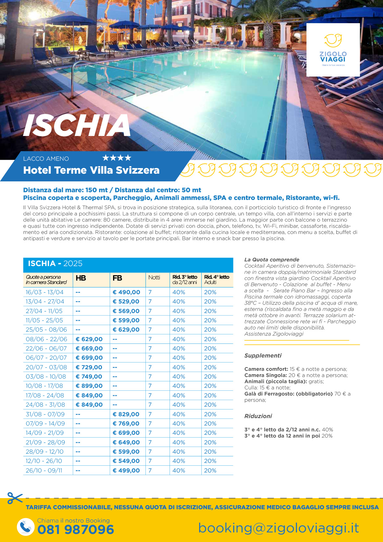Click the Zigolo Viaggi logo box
(x=333, y=50)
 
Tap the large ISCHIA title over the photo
(x=77, y=125)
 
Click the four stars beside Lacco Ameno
(x=117, y=158)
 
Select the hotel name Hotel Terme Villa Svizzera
(x=91, y=170)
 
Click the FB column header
(x=117, y=278)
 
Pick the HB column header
(x=81, y=278)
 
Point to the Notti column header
(x=154, y=277)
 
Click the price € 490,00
(x=126, y=292)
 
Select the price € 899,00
(x=89, y=386)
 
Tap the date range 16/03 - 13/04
(x=44, y=292)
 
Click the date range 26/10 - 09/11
(x=44, y=471)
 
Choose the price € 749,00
(x=89, y=377)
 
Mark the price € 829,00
(x=126, y=414)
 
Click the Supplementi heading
(x=263, y=356)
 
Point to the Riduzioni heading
(x=258, y=416)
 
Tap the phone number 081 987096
(x=76, y=530)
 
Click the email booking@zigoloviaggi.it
(x=278, y=528)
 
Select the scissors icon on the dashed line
(x=15, y=498)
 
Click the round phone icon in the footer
(x=26, y=527)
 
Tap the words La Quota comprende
(x=272, y=260)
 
